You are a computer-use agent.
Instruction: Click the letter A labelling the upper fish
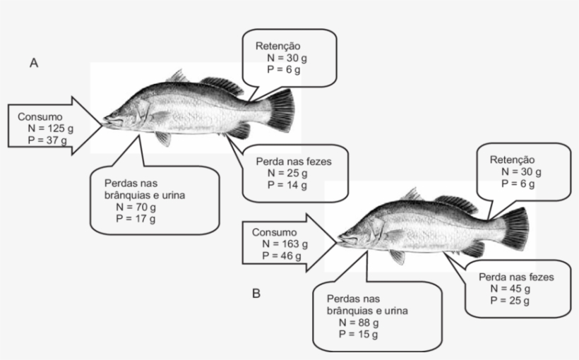(x=34, y=63)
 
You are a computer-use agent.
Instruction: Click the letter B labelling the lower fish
(x=256, y=294)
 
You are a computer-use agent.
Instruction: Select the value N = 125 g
(x=51, y=128)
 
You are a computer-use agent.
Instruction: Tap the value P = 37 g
(x=47, y=140)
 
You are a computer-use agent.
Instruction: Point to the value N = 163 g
(x=285, y=244)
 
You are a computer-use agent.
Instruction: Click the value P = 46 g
(x=282, y=256)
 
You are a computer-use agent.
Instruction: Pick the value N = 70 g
(x=136, y=207)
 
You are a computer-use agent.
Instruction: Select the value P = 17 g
(x=136, y=219)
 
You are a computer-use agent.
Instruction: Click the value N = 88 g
(x=359, y=323)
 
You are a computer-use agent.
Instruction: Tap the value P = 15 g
(x=359, y=335)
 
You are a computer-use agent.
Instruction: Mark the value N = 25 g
(x=287, y=173)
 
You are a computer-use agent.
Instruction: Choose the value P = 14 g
(x=287, y=185)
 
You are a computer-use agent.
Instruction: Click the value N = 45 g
(x=511, y=289)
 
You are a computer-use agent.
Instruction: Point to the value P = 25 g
(x=510, y=301)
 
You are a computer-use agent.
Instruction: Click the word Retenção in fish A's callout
(x=278, y=47)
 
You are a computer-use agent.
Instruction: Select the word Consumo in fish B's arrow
(x=275, y=233)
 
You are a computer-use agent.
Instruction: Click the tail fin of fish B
(x=515, y=229)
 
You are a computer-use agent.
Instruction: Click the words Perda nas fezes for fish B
(x=517, y=277)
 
